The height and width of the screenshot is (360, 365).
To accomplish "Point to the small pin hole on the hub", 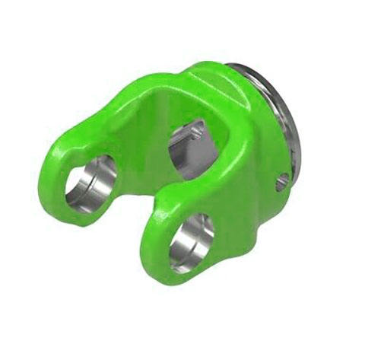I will [x=281, y=181].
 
